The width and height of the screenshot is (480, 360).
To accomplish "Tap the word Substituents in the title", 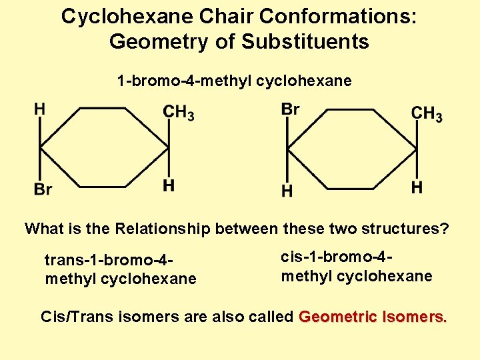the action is click(305, 41).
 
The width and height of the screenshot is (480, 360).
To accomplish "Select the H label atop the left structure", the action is click(40, 109).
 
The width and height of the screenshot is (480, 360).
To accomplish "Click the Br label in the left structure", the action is click(43, 190).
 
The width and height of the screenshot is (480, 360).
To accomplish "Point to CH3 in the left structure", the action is click(179, 113).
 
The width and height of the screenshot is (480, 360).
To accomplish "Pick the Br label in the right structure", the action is click(291, 109).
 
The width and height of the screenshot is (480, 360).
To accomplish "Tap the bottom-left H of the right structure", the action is click(287, 191).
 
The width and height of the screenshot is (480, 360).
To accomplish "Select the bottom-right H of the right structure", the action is click(417, 187).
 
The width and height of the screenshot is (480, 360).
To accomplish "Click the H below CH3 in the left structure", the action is click(169, 186).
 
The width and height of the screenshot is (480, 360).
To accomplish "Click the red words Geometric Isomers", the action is click(373, 316).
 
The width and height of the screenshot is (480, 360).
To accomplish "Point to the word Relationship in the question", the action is click(163, 229).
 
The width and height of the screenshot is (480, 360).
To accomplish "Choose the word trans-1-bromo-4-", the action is click(110, 259).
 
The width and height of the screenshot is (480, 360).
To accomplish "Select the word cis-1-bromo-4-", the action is click(336, 257).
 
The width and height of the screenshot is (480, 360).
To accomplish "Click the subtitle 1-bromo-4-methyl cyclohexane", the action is click(234, 81).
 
